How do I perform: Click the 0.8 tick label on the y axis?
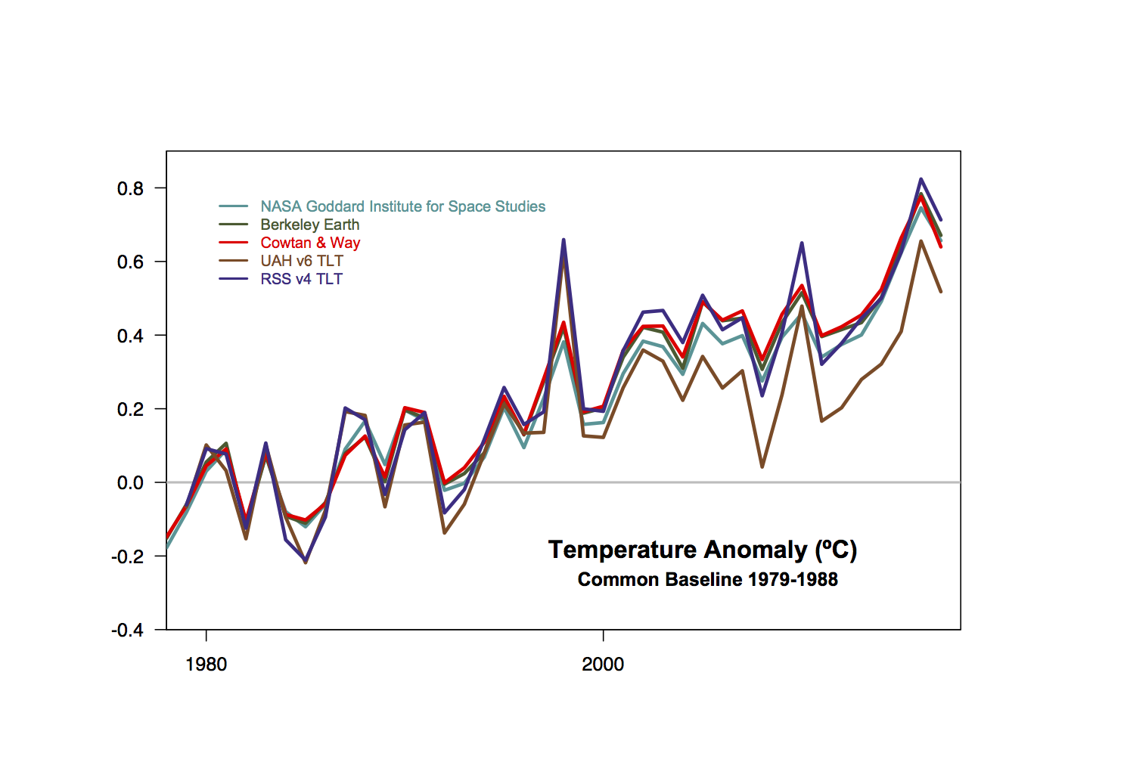coord(130,189)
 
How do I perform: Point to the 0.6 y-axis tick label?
coord(130,262)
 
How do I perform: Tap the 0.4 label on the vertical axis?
coord(130,336)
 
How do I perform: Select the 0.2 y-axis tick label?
coord(130,409)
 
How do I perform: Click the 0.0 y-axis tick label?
coord(130,483)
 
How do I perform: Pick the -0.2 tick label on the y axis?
coord(127,556)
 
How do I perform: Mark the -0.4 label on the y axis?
coord(127,630)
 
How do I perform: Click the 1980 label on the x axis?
coord(206,665)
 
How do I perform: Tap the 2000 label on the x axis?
coord(603,665)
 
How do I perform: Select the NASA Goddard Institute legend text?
coord(402,206)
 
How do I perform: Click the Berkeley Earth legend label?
coord(309,225)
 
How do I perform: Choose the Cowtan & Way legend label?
coord(310,243)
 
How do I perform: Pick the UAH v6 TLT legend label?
coord(302,261)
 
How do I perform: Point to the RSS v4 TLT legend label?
coord(301,279)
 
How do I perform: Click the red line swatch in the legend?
coord(233,243)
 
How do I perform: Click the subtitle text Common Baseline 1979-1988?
coord(707,580)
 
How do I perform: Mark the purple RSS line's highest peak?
coord(921,179)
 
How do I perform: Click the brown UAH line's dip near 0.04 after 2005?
coord(762,466)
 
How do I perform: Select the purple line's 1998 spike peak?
coord(563,240)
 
